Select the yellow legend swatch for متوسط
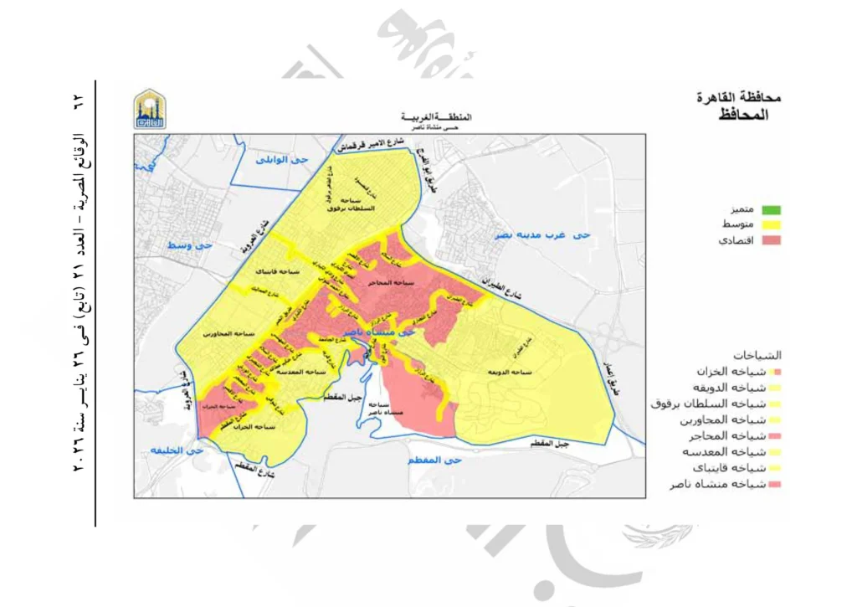tap(767, 224)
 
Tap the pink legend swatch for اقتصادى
tap(767, 241)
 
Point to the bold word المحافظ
tap(743, 114)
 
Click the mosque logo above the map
tap(151, 110)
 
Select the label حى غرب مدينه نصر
tap(541, 236)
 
